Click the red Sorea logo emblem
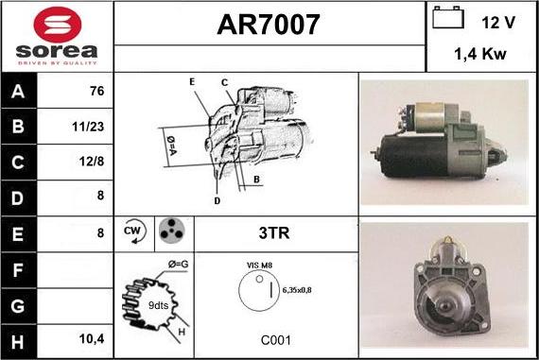[x=58, y=25]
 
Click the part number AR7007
[x=269, y=25]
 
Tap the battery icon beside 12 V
[x=448, y=17]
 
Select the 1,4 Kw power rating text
[x=480, y=54]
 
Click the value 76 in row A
[x=96, y=91]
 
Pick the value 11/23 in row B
[x=88, y=127]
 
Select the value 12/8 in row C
[x=92, y=162]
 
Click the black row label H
[x=19, y=342]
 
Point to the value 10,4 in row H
[x=92, y=339]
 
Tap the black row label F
[x=19, y=270]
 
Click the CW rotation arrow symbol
[x=134, y=231]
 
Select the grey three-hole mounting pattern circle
[x=172, y=231]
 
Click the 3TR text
[x=274, y=232]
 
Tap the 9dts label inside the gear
[x=158, y=305]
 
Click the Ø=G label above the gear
[x=178, y=265]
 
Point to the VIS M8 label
[x=259, y=266]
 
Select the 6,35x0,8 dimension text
[x=297, y=290]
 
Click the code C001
[x=276, y=340]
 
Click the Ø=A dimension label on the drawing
[x=171, y=146]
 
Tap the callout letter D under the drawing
[x=217, y=201]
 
